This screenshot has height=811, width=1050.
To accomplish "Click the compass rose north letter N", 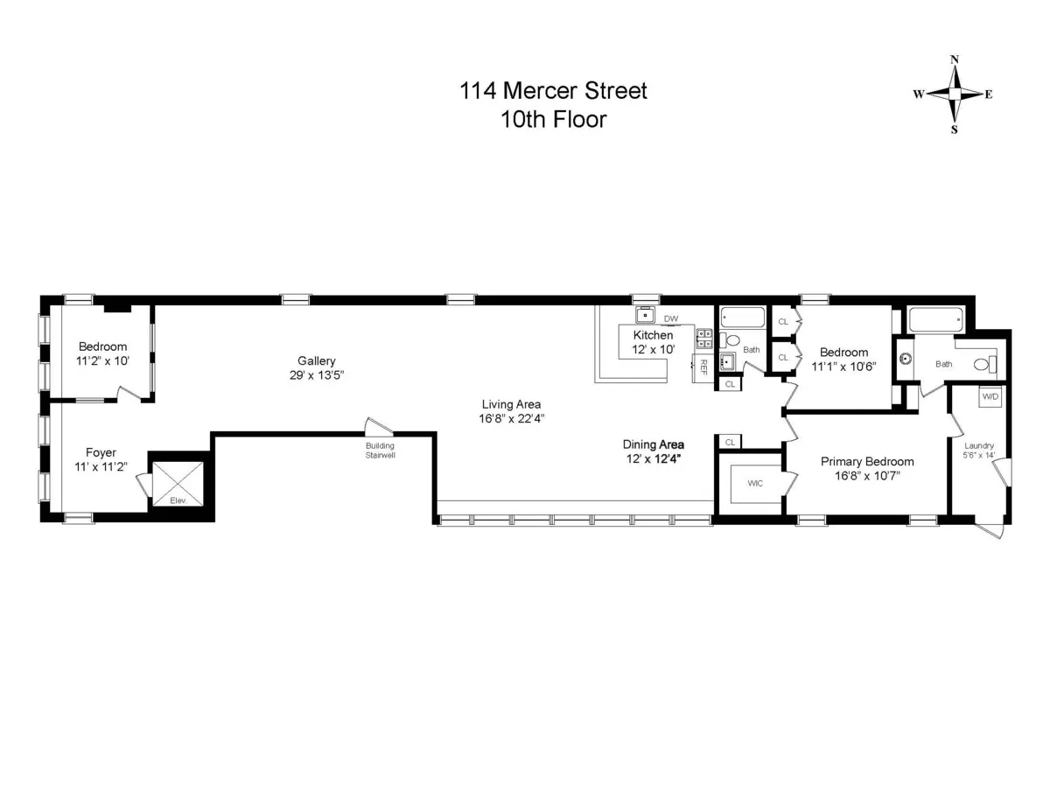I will click(955, 60).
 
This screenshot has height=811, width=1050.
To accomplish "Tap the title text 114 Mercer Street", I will click(553, 90).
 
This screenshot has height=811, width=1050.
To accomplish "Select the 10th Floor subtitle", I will click(553, 120).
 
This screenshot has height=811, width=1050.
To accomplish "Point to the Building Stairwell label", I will click(380, 450).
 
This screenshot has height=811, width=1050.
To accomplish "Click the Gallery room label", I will click(316, 360).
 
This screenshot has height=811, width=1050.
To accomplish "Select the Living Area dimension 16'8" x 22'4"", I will click(511, 418).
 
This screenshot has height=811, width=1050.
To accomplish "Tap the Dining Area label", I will click(653, 444).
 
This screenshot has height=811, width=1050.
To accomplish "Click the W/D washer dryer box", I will click(990, 395).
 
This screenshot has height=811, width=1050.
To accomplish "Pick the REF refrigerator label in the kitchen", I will click(703, 368).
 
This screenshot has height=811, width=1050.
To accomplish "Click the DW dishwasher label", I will click(671, 318).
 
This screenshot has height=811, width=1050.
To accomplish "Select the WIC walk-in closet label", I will click(755, 483).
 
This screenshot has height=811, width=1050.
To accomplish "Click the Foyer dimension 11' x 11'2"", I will click(101, 466).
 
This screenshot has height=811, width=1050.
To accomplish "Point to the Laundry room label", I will click(978, 445).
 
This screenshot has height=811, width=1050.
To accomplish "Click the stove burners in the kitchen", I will click(703, 339).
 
